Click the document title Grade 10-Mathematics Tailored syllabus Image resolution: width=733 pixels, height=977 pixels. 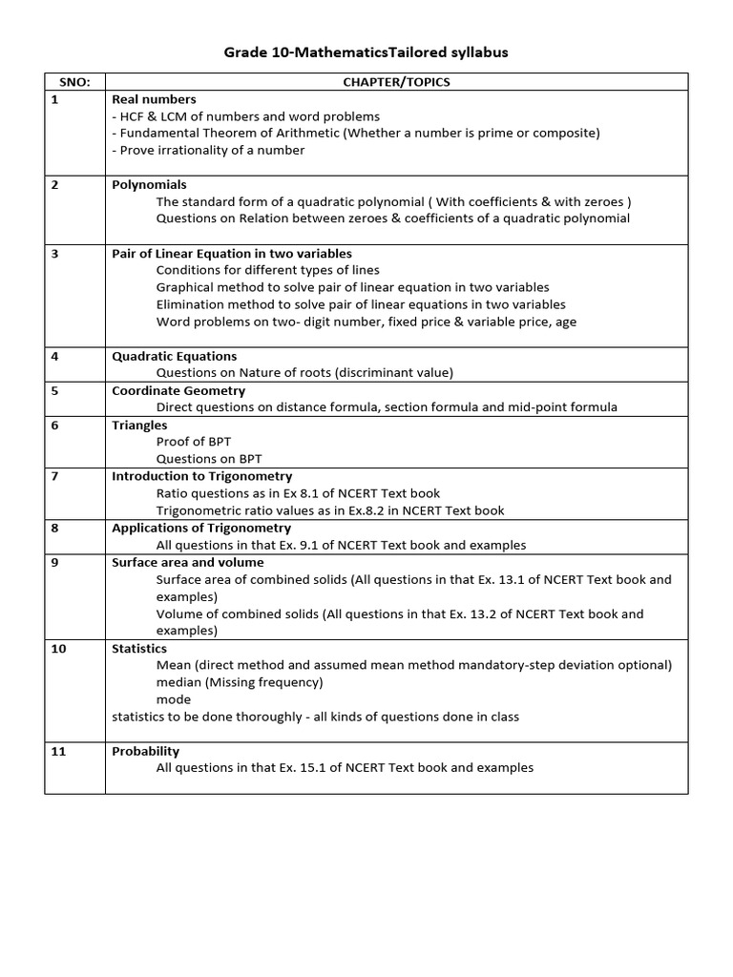coord(366,52)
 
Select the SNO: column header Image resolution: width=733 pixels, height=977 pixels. coord(74,82)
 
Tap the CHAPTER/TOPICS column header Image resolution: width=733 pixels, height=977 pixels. coord(396,82)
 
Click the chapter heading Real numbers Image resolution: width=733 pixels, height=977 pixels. coord(154,99)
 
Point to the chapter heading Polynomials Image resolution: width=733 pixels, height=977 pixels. coord(149,185)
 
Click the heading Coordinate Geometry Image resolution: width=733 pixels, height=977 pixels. coord(178,391)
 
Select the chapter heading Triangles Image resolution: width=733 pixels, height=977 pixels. coord(139,426)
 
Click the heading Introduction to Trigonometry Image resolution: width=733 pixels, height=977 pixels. coord(202,476)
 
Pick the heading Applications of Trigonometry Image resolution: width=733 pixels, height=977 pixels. coord(201,528)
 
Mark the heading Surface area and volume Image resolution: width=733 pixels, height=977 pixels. coord(188,563)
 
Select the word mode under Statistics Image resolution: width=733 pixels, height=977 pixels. coord(174,699)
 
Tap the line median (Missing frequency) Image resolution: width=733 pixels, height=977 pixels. coord(240,682)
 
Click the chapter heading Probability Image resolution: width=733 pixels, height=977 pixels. coord(145,751)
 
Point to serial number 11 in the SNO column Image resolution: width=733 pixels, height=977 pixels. coord(58,751)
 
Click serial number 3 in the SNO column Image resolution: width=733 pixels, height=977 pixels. coord(55,254)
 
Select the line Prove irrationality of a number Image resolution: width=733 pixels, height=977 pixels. coord(208,150)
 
